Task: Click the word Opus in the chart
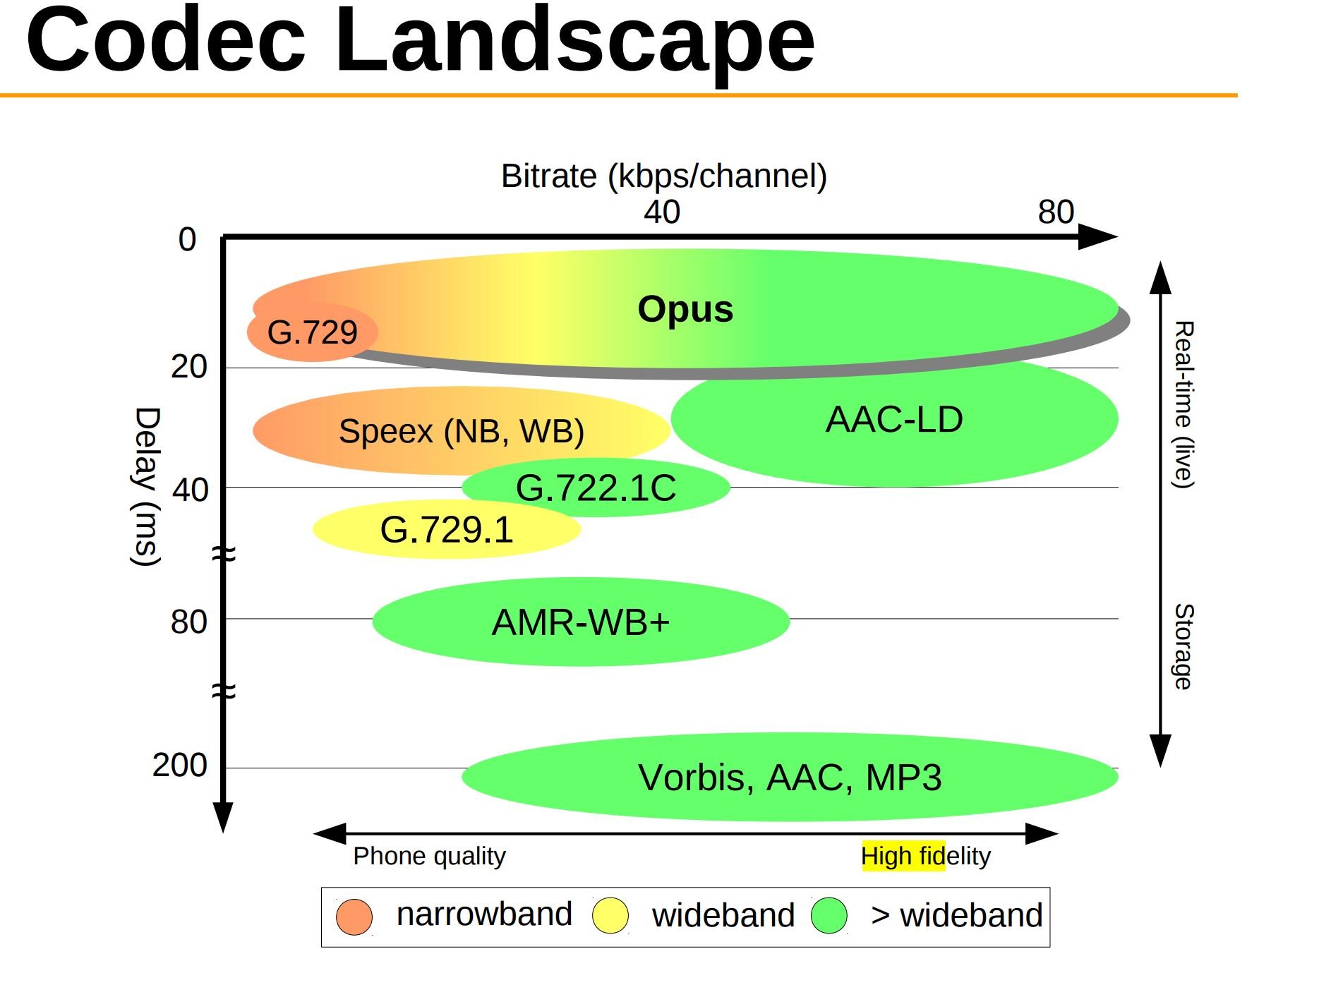(x=685, y=310)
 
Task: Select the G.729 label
(x=312, y=332)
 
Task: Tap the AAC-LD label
(x=893, y=420)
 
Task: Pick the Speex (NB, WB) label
(x=461, y=431)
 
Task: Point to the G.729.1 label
(x=446, y=530)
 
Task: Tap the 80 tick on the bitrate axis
(x=1055, y=212)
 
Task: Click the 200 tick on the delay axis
(x=180, y=766)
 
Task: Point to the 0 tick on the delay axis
(x=187, y=240)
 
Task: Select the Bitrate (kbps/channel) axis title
(x=663, y=176)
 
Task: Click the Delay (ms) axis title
(x=147, y=487)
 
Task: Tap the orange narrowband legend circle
(x=354, y=917)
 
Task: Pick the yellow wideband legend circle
(x=610, y=916)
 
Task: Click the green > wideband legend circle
(x=829, y=916)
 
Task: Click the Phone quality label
(x=429, y=857)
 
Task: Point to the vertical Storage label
(x=1183, y=646)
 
